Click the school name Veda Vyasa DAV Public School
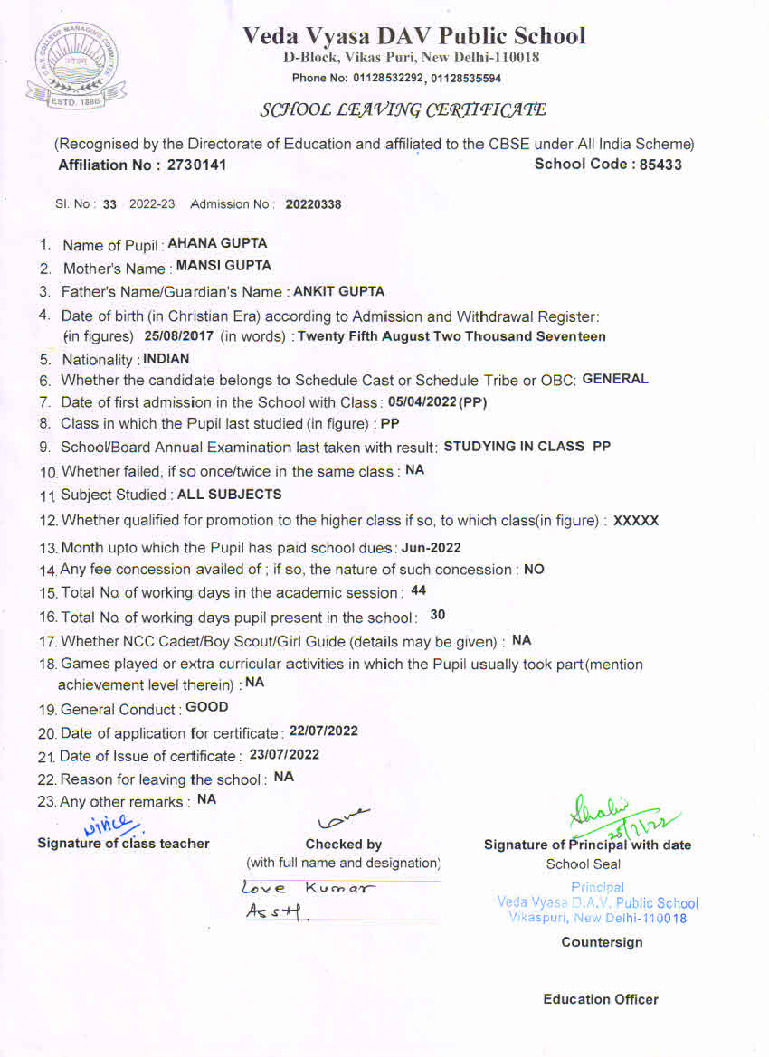coord(413,36)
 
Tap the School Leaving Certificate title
coord(403,110)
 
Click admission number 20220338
coord(313,204)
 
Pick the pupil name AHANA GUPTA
coord(217,243)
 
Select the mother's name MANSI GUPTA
coord(223,267)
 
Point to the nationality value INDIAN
coord(166,358)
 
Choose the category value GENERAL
coord(615,379)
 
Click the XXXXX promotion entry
coord(636,521)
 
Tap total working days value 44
coord(418,590)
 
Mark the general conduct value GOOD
coord(207,707)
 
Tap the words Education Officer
coord(601,999)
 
